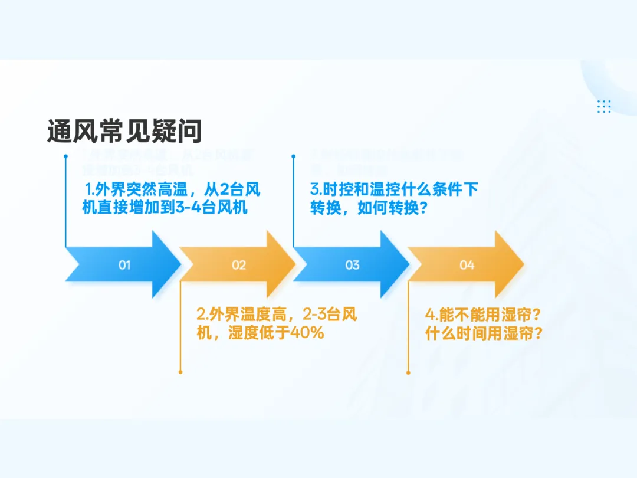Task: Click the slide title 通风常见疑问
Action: pos(124,131)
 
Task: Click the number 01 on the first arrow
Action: pos(124,265)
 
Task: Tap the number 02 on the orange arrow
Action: pos(239,265)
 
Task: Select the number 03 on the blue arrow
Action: pos(352,265)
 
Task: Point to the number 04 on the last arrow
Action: pos(467,265)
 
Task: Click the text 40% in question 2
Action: pos(307,333)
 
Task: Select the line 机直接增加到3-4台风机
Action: pos(164,208)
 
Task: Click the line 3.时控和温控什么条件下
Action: pos(394,190)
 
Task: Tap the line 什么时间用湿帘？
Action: pos(484,333)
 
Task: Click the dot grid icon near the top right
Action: pos(604,106)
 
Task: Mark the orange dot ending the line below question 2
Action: pos(180,372)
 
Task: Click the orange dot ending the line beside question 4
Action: pos(408,372)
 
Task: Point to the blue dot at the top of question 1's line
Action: pos(65,156)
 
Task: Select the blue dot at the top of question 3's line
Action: pos(294,156)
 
